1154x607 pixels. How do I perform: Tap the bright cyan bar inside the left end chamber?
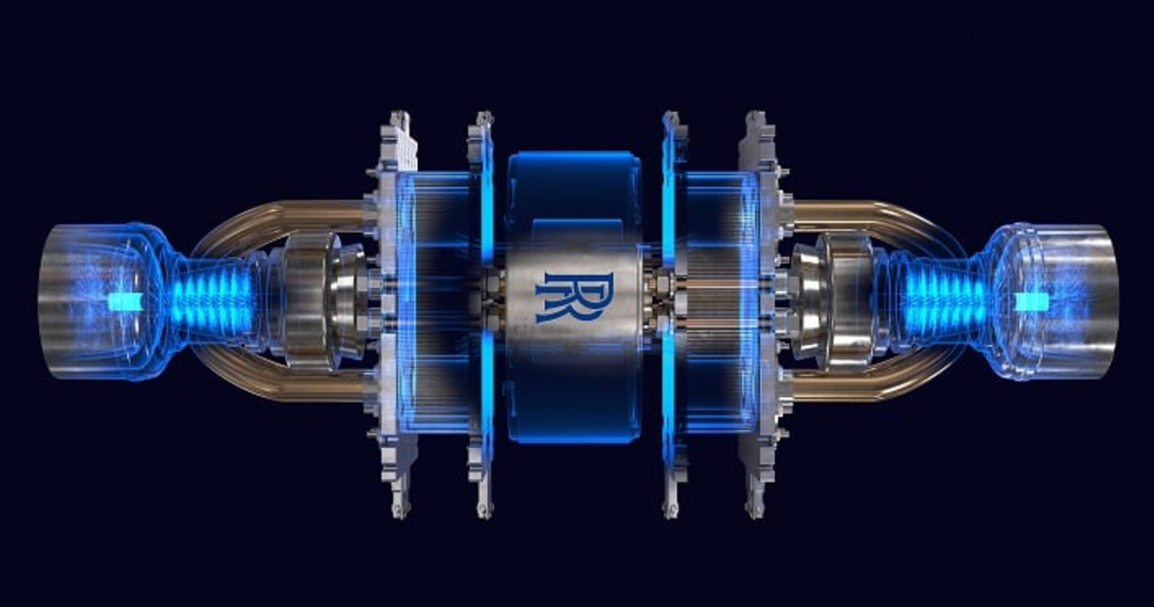[123, 302]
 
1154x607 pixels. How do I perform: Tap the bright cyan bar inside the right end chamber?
[1031, 302]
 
